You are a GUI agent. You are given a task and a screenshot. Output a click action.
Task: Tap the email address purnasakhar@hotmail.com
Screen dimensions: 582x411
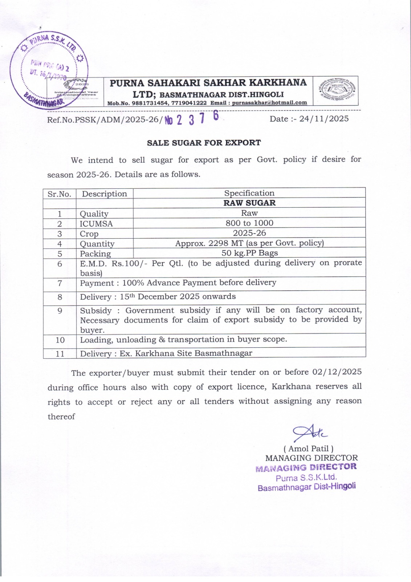[269, 103]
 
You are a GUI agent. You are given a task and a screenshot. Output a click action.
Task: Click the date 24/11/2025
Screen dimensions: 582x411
[324, 119]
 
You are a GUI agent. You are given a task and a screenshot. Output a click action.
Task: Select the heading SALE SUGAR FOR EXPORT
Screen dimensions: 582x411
[204, 143]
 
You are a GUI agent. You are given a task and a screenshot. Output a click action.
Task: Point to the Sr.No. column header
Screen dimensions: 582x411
[59, 194]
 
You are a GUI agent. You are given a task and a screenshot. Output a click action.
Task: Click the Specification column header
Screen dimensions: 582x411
[249, 193]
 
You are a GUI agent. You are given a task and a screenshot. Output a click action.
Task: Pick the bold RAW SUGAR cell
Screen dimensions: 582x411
[249, 203]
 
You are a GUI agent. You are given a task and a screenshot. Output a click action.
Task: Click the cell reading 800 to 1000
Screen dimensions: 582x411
[249, 223]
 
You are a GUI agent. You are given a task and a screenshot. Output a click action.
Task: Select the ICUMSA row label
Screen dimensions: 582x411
[96, 224]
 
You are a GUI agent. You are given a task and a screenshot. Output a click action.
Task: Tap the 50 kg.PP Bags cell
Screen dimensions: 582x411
[249, 253]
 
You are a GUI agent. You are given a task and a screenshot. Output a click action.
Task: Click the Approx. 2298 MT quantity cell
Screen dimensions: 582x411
[249, 243]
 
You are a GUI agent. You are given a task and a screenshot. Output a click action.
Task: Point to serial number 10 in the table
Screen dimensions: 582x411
[60, 340]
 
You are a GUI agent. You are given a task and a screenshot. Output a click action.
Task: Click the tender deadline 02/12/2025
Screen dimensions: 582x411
[337, 372]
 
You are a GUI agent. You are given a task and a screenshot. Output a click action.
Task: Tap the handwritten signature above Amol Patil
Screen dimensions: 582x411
[310, 432]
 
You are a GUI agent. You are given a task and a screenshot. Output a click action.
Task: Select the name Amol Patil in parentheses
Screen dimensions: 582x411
[308, 449]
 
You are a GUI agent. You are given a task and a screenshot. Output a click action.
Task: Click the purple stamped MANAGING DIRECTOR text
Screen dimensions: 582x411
[306, 467]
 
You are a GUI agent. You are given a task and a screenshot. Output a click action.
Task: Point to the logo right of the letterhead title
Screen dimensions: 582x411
[335, 91]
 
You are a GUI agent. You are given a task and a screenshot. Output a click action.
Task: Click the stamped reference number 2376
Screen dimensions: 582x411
[193, 119]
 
